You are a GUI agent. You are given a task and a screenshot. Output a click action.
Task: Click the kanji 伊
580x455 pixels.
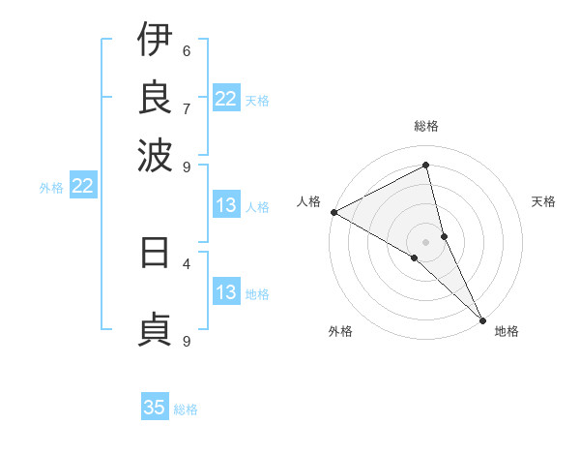click(x=155, y=40)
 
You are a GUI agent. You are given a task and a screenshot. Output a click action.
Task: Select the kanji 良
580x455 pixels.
click(x=155, y=96)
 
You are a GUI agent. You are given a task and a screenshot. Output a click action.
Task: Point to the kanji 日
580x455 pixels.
click(x=155, y=253)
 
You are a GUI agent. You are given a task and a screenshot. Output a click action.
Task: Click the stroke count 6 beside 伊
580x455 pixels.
click(x=187, y=50)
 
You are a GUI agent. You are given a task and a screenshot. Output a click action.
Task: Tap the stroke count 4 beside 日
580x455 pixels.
click(x=187, y=262)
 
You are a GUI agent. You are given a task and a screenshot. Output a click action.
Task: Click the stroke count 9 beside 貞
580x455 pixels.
click(x=187, y=341)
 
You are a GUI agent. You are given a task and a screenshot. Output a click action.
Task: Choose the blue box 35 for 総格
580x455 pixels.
click(x=155, y=408)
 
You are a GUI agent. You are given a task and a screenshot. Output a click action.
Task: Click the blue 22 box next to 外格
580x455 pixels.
click(x=82, y=186)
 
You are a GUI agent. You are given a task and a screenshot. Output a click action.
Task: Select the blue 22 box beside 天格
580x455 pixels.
click(x=226, y=99)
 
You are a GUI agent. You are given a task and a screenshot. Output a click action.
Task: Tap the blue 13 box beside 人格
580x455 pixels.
click(x=226, y=205)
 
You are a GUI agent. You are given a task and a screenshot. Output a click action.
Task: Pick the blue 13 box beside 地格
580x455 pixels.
click(x=226, y=293)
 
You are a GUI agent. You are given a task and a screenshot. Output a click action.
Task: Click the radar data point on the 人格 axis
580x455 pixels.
click(x=333, y=212)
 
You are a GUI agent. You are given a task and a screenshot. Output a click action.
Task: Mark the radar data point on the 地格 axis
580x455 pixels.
click(x=481, y=318)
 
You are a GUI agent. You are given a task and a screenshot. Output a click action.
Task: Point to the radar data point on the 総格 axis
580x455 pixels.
click(x=426, y=165)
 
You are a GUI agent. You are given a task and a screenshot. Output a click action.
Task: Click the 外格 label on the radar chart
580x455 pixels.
click(x=339, y=331)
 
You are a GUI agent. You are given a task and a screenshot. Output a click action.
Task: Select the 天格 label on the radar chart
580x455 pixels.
click(x=543, y=201)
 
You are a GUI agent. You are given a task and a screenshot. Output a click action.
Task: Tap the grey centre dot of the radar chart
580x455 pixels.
click(x=426, y=241)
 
